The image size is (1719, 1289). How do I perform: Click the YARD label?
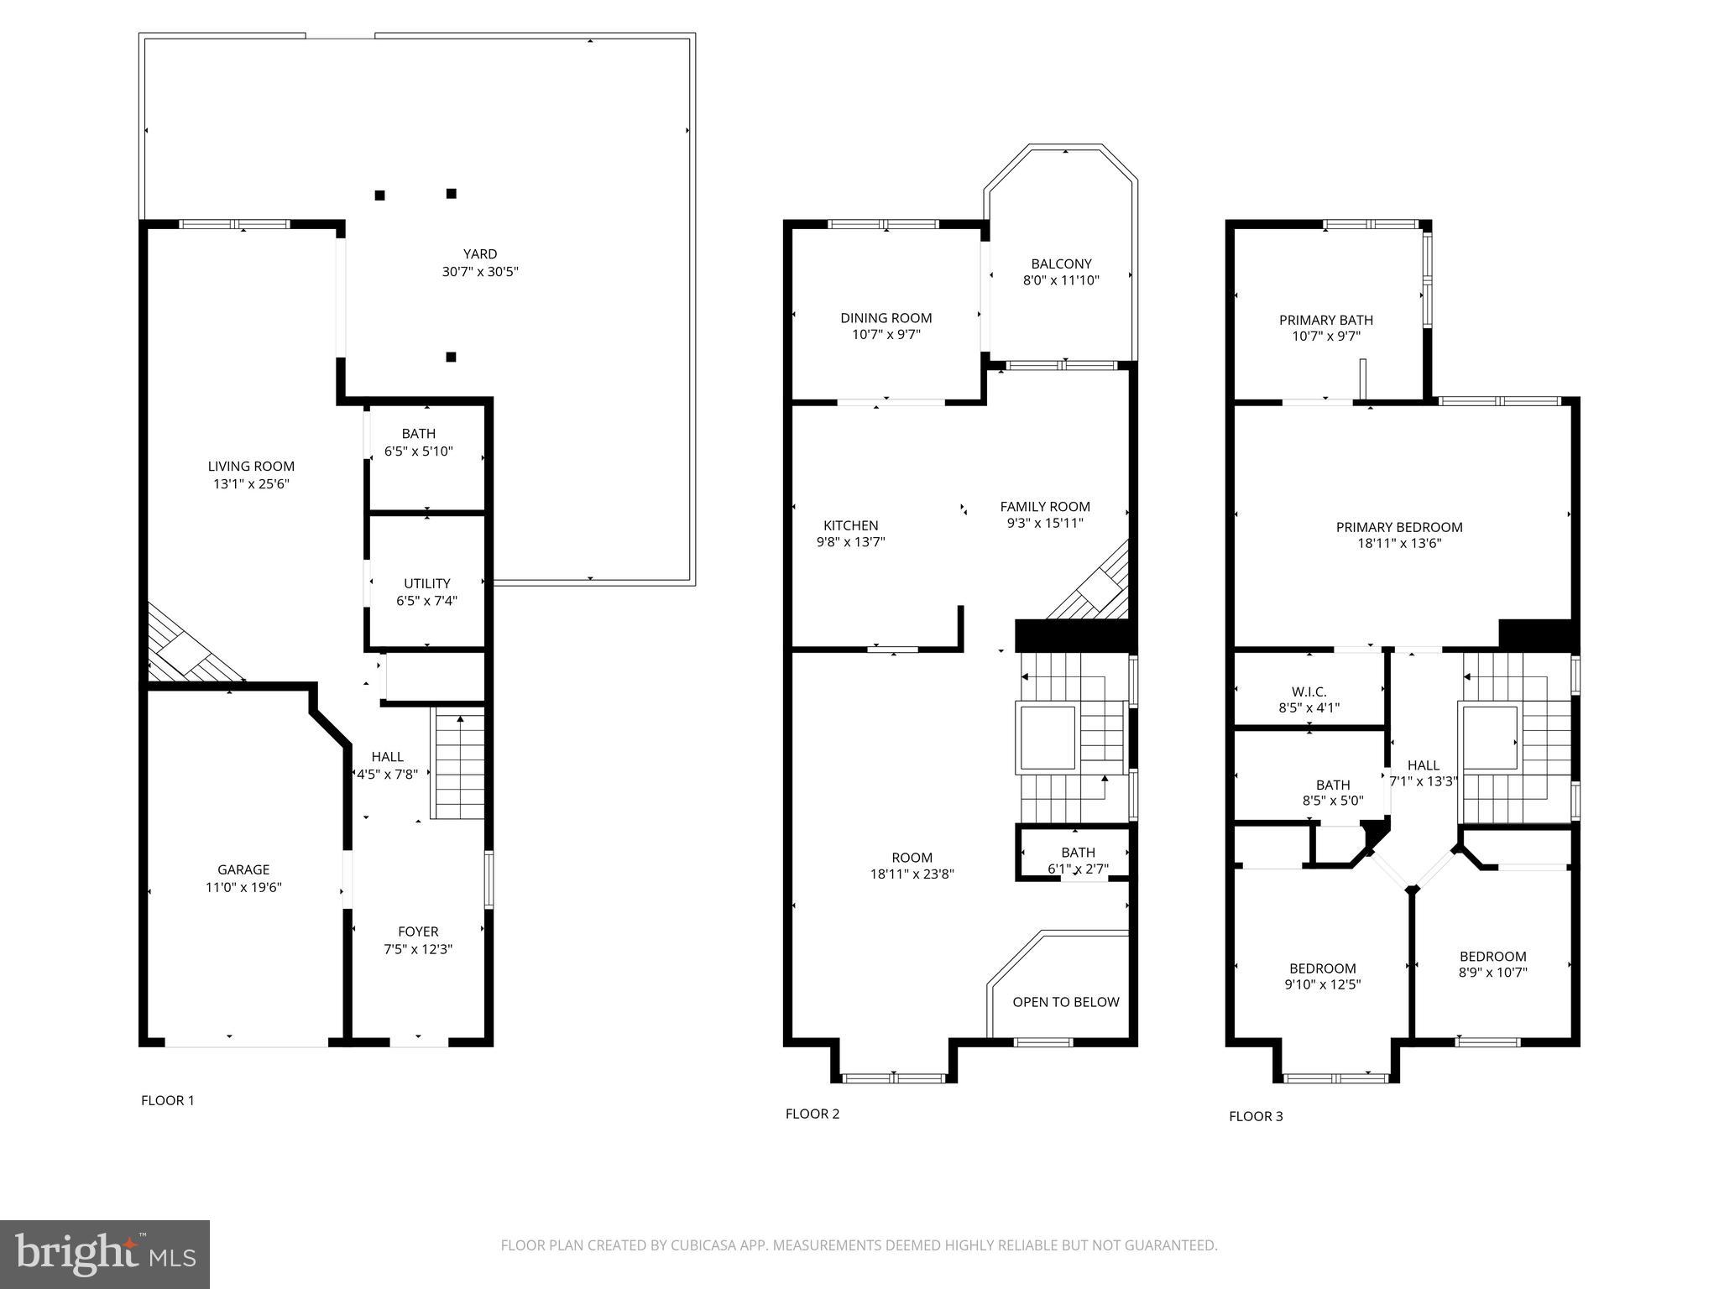tap(480, 253)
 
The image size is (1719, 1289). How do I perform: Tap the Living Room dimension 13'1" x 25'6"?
tap(251, 484)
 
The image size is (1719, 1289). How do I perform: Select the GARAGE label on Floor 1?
tap(243, 869)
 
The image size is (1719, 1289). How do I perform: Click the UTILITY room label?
tap(426, 583)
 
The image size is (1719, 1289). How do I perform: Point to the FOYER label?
tap(418, 932)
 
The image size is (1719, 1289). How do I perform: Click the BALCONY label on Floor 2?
tap(1061, 264)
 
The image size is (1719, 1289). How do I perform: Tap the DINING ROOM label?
tap(886, 317)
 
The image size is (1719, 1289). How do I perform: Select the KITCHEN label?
tap(850, 525)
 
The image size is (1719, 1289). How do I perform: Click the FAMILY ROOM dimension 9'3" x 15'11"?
tap(1045, 524)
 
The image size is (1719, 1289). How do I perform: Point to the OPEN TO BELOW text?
tap(1065, 1002)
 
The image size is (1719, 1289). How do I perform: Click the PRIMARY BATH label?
tap(1325, 320)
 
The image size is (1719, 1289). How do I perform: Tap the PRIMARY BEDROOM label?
tap(1398, 527)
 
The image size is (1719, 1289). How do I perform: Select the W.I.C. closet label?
tap(1309, 691)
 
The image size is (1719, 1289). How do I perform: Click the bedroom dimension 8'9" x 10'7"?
tap(1492, 973)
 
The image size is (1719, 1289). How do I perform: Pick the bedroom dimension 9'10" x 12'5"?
tap(1322, 985)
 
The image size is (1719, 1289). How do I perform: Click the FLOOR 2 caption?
tap(812, 1114)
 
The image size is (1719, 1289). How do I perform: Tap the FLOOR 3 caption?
tap(1256, 1116)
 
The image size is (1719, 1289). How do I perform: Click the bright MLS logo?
tap(105, 1255)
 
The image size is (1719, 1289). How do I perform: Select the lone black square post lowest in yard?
tap(451, 357)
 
